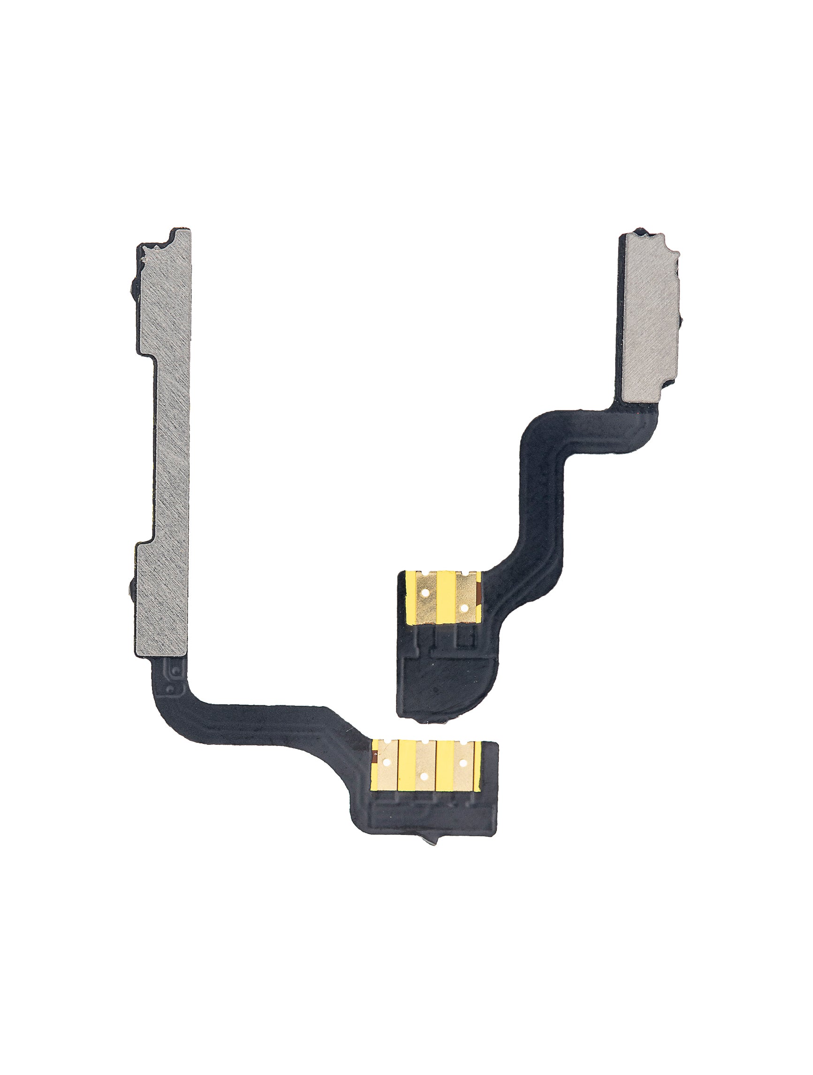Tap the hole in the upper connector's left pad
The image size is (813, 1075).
point(425,593)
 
